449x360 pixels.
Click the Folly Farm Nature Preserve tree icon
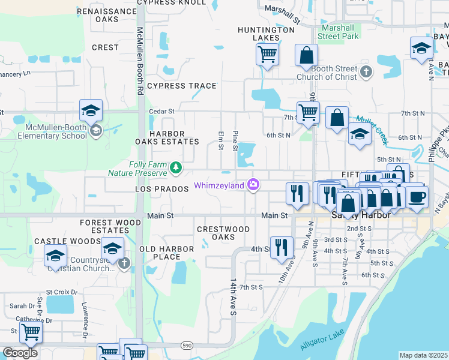click(176, 168)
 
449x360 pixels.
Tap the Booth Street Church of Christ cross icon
click(367, 73)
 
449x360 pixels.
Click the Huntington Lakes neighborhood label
click(258, 34)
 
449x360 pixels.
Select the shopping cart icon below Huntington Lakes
click(267, 55)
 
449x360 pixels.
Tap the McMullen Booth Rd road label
click(140, 61)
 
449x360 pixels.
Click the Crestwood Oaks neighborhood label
click(223, 233)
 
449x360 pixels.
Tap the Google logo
click(20, 353)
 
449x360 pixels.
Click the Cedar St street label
click(161, 111)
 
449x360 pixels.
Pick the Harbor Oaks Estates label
click(167, 137)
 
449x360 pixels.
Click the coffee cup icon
click(417, 196)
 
